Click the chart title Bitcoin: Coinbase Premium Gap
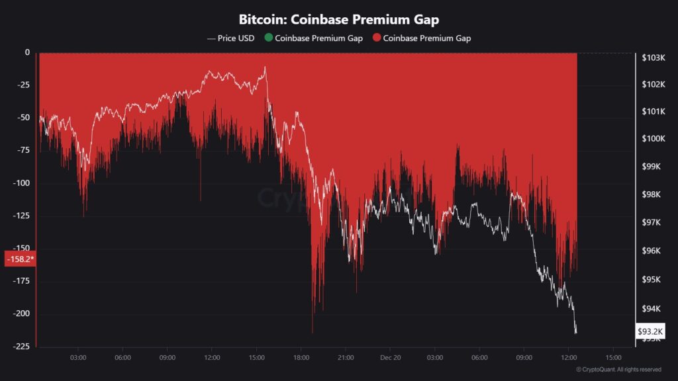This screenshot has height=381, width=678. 338,20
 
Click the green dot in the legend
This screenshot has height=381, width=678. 268,38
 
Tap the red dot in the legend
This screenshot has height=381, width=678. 377,38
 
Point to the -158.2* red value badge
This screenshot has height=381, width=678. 20,259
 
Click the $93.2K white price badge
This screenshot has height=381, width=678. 650,331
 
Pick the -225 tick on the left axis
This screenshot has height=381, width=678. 21,346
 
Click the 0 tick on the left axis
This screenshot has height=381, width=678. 27,53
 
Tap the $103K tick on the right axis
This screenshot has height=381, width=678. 653,58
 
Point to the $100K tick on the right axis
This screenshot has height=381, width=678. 653,139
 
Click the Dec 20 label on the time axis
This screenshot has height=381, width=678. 390,358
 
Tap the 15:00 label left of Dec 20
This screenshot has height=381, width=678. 256,358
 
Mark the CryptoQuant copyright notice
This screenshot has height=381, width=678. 618,370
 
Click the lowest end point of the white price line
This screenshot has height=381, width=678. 576,332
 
